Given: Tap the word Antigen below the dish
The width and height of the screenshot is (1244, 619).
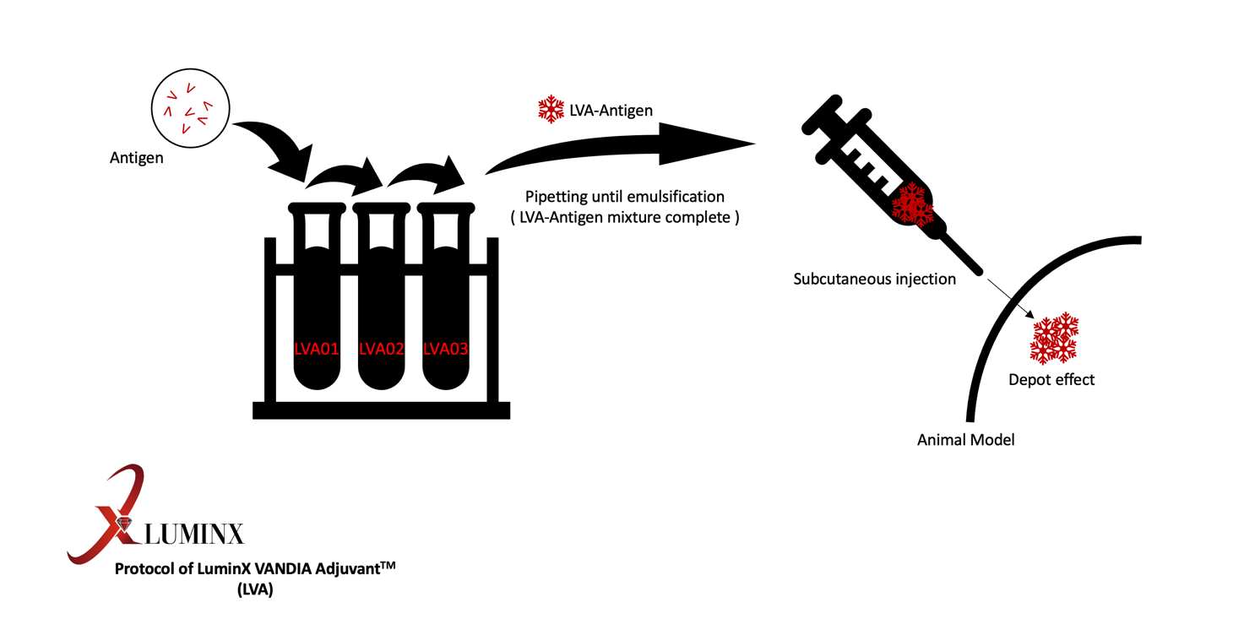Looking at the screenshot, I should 137,158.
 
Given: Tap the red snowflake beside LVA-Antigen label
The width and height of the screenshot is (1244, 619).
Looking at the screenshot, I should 551,109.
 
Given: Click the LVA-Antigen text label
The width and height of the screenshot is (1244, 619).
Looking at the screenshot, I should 611,110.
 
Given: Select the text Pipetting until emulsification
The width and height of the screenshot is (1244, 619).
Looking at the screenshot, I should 625,197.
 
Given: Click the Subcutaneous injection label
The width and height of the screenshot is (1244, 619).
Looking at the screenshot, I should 874,279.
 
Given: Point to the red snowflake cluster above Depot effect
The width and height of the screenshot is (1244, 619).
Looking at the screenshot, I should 1054,337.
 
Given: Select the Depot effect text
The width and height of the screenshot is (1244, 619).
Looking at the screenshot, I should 1051,380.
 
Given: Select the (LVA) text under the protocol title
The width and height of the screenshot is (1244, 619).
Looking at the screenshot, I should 255,590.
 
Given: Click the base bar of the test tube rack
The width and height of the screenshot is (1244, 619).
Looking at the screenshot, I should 381,410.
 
